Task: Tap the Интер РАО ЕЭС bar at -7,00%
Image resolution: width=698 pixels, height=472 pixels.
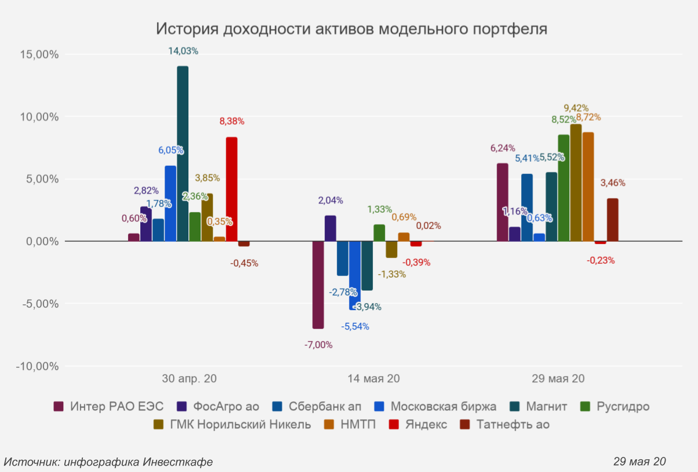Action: tap(318, 285)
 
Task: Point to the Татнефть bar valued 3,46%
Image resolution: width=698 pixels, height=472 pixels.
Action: tap(612, 220)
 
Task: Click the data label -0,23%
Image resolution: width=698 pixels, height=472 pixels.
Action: tap(601, 260)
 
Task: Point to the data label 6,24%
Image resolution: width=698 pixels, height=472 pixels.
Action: tap(503, 148)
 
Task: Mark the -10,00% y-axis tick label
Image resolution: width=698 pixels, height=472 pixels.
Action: tap(37, 366)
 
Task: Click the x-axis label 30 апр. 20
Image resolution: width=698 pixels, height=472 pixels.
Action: tap(190, 379)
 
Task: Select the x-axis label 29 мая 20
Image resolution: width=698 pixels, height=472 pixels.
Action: tap(558, 379)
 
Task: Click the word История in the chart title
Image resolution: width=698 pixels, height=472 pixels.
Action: tap(187, 28)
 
